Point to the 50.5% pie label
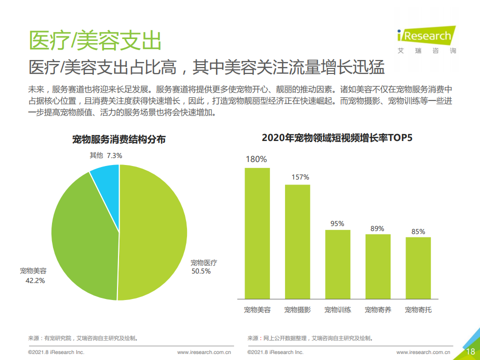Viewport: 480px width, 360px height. pyautogui.click(x=201, y=271)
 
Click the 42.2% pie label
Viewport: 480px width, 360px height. pyautogui.click(x=35, y=280)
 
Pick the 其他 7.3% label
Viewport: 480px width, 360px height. pyautogui.click(x=106, y=155)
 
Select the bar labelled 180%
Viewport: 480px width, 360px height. pyautogui.click(x=257, y=232)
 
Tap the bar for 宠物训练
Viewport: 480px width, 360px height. pyautogui.click(x=338, y=264)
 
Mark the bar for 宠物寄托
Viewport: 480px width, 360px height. pyautogui.click(x=418, y=267)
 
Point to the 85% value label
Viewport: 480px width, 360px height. pyautogui.click(x=418, y=231)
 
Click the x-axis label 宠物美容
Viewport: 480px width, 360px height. pyautogui.click(x=257, y=310)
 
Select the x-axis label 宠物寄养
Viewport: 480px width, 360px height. pyautogui.click(x=378, y=310)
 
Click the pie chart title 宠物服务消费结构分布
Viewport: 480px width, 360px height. pyautogui.click(x=119, y=139)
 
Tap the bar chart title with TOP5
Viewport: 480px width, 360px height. pyautogui.click(x=337, y=137)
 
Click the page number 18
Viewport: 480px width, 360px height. pyautogui.click(x=470, y=351)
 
